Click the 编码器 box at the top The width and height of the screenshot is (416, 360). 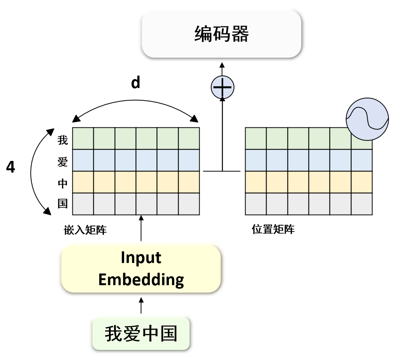pos(221,34)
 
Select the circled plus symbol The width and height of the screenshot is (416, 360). pos(222,87)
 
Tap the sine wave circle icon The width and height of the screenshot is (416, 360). pos(367,119)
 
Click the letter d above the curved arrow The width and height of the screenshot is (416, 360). pos(135,83)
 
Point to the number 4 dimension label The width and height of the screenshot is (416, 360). pos(11,167)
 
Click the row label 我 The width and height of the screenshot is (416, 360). pos(63,139)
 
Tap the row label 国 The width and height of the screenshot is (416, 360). pos(63,203)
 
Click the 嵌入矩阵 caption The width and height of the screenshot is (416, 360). pos(85,230)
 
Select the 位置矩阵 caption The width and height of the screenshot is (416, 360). pos(273,229)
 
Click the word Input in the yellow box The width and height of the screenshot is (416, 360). pos(141,258)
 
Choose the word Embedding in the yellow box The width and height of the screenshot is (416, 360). pos(141,279)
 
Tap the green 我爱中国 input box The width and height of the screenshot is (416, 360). pos(141,334)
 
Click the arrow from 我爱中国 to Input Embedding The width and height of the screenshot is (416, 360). pos(141,306)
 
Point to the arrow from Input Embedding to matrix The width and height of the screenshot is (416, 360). pos(141,230)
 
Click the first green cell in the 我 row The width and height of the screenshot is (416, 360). pos(83,139)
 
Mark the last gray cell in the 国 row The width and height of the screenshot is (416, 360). pos(189,204)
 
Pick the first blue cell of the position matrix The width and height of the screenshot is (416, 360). pos(256,160)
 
